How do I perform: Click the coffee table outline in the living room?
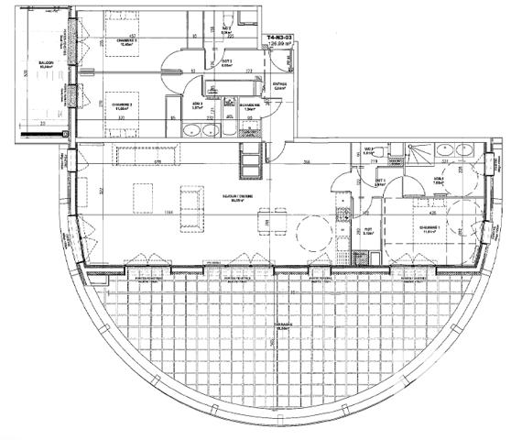[x=144, y=197]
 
